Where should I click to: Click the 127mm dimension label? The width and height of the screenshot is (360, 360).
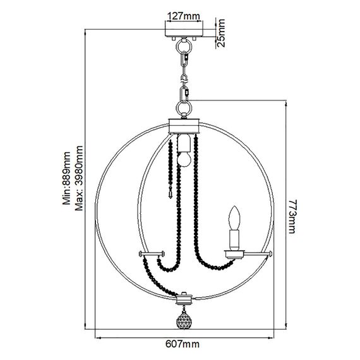click(x=184, y=16)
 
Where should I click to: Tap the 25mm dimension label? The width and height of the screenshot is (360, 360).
click(x=221, y=33)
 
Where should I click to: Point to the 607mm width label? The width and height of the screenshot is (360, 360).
click(x=183, y=344)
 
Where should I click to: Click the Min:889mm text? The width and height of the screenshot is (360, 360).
click(x=67, y=178)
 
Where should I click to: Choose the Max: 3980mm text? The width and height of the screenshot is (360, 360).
click(x=79, y=178)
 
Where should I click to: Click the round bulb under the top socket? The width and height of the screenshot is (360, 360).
click(x=184, y=159)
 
